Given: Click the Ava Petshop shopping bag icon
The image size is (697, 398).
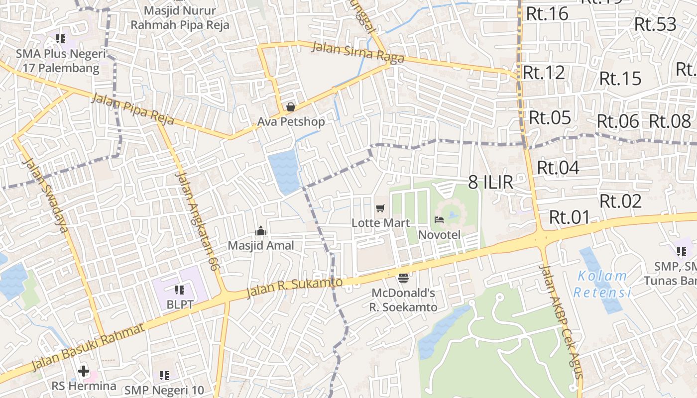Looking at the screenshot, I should tap(291, 107).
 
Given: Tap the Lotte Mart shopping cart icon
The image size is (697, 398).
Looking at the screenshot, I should tap(380, 208).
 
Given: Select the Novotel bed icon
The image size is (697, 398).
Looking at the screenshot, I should tap(439, 219).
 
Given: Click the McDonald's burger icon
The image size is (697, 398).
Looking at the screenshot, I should tap(403, 277).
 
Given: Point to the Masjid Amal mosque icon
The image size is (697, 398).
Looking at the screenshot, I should tap(261, 231).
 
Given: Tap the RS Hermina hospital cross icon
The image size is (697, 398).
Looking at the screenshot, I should tap(84, 371).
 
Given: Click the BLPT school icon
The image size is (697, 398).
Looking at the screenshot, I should tap(180, 290).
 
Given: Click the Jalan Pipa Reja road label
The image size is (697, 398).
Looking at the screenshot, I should tap(132, 109).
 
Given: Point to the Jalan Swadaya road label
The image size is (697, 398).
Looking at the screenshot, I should tap(45, 196).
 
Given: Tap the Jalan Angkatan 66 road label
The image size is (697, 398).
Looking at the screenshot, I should tap(198, 221).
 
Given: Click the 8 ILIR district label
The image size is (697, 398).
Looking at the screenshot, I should tap(490, 182).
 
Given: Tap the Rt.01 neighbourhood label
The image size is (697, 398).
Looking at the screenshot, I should tap(569, 217).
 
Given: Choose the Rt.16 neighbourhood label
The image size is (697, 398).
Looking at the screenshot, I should tap(547, 14).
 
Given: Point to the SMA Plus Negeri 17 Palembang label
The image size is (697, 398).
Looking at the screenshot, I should tap(61, 61).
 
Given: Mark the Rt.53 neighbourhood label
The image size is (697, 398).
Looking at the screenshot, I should tap(655, 24).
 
